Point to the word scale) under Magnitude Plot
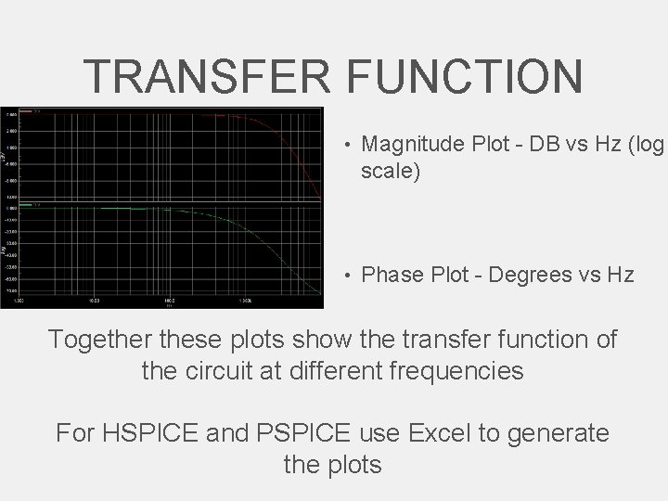pyautogui.click(x=391, y=172)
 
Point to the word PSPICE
pyautogui.click(x=309, y=432)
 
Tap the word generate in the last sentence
pyautogui.click(x=559, y=432)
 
